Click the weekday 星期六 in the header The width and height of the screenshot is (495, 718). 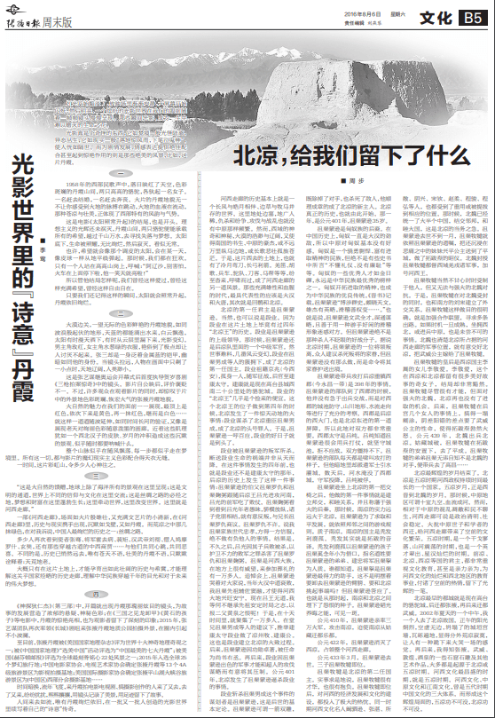373,9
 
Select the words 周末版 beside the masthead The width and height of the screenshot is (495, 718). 55,12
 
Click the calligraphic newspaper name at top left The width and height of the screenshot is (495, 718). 21,11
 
